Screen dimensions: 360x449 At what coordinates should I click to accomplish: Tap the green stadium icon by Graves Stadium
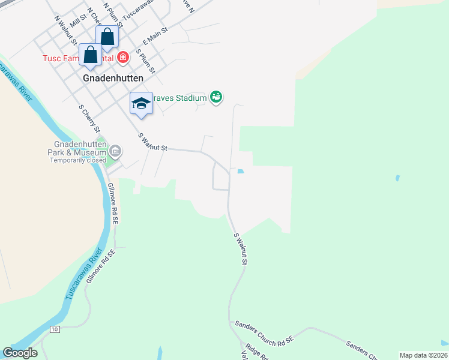pos(217,97)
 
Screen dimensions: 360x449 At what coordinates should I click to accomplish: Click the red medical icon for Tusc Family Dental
pos(123,58)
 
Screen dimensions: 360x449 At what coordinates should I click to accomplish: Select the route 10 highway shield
pos(55,329)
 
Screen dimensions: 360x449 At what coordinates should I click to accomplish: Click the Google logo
pos(20,353)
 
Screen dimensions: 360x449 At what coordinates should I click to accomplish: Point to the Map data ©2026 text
pos(423,355)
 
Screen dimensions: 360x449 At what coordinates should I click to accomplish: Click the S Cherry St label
pos(89,119)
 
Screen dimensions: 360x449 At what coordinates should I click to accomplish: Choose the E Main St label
pos(153,40)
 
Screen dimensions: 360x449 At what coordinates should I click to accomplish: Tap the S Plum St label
pos(146,61)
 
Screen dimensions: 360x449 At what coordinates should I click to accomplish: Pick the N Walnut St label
pos(65,29)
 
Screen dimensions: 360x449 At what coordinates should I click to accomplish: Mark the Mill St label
pos(75,22)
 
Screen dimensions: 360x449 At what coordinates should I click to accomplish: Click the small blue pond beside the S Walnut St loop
pos(241,172)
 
